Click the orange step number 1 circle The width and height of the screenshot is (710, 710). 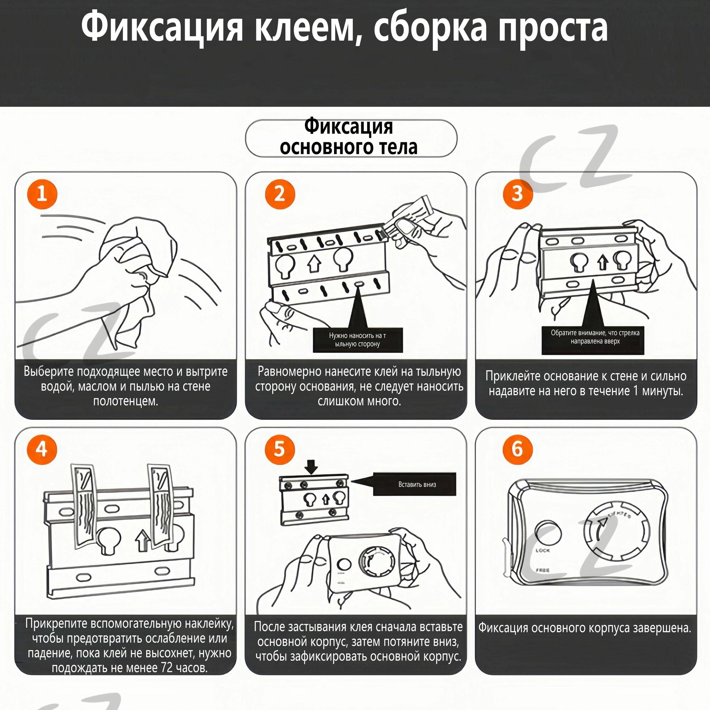tap(42, 193)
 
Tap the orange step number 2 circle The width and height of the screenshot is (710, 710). tap(280, 193)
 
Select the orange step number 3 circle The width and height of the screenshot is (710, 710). tap(518, 193)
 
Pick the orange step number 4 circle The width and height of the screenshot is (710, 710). tap(42, 449)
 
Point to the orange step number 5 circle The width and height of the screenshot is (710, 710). tap(280, 449)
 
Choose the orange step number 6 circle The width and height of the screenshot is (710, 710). tap(518, 449)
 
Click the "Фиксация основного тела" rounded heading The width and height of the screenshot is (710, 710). tap(351, 138)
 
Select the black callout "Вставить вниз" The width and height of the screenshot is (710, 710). tap(417, 484)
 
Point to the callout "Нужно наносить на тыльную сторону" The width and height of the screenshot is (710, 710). tap(357, 340)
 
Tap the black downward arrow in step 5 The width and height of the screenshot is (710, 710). tap(312, 468)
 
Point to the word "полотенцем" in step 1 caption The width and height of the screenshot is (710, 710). tap(125, 401)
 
